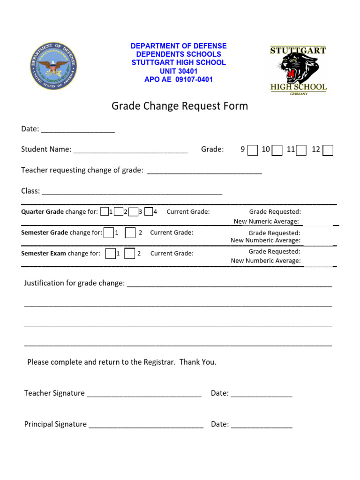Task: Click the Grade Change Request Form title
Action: tap(180, 106)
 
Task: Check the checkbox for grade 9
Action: tap(253, 150)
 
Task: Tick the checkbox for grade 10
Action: tap(277, 150)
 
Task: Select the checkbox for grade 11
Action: tap(302, 150)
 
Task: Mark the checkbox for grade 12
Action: tap(328, 150)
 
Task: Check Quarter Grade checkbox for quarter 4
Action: tap(149, 211)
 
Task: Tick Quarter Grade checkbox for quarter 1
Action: tap(105, 211)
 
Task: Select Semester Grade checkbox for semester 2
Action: tap(130, 232)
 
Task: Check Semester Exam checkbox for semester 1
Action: tap(111, 254)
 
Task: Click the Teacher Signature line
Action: tap(144, 394)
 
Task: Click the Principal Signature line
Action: tap(146, 425)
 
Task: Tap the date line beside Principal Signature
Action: tap(261, 425)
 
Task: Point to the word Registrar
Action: tap(160, 362)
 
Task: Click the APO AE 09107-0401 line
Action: tap(179, 80)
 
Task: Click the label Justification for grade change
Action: tap(75, 283)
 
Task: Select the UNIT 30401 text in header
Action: tap(179, 71)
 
